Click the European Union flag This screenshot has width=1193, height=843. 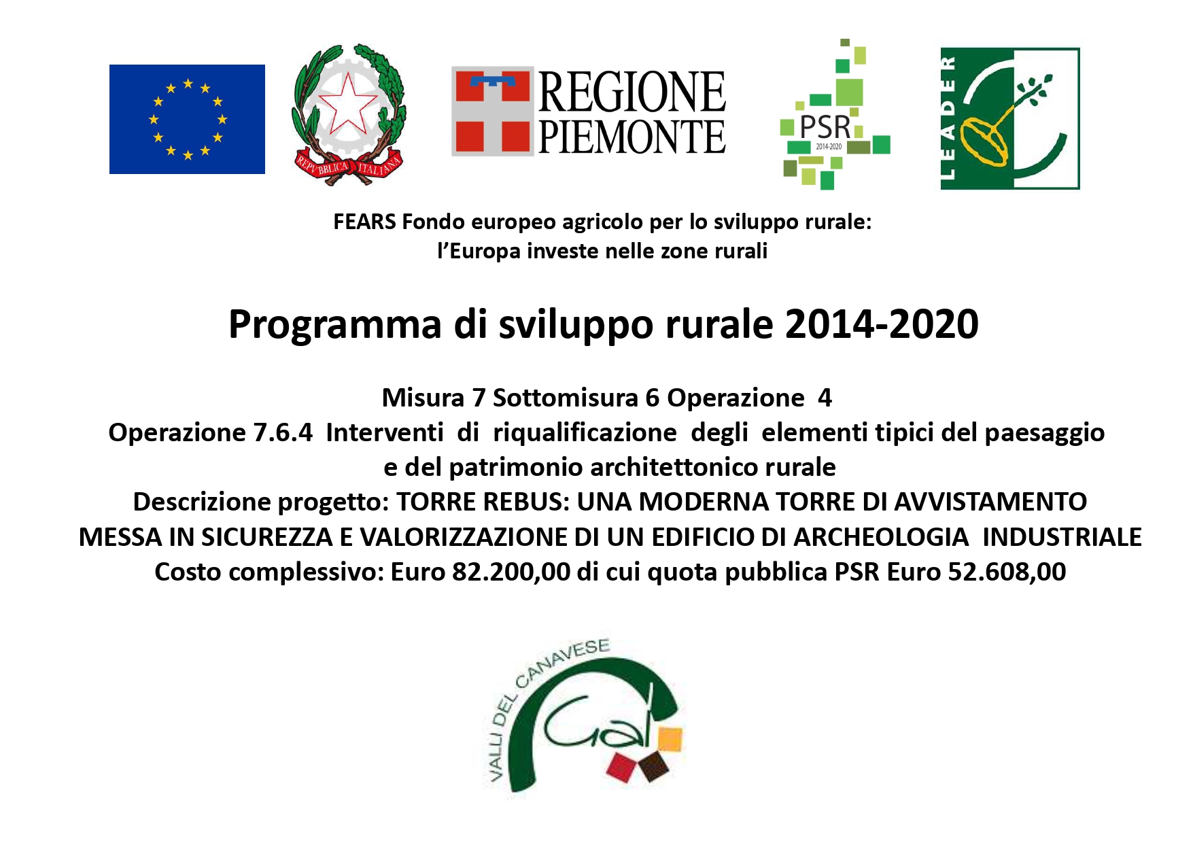pos(187,119)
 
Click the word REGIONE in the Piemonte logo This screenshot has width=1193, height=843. pos(632,92)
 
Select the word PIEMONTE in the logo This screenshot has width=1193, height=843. pos(632,137)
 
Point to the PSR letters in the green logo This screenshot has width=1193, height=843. pos(825,127)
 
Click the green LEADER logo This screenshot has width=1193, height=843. pos(1010,118)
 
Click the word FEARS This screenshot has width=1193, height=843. pos(365,222)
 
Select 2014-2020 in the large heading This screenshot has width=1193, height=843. pos(882,324)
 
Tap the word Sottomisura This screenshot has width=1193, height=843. pos(566,398)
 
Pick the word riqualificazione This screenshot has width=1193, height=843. pos(585,432)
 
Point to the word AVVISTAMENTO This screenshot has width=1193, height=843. pos(990,502)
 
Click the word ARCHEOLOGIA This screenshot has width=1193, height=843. pos(881,537)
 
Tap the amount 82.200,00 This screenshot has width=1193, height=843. pos(511,572)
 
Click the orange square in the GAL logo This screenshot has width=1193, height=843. pos(670,740)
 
